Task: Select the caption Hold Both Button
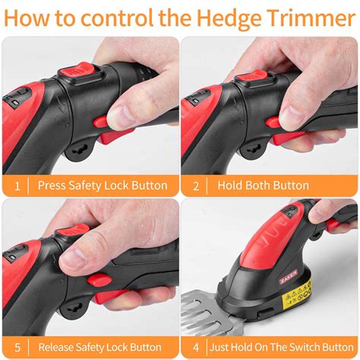(263, 185)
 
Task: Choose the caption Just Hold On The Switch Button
(279, 346)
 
